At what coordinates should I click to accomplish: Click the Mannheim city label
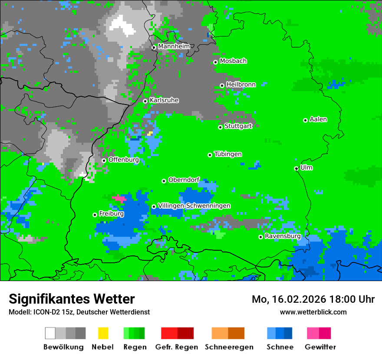174,46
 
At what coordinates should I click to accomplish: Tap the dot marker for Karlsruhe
145,101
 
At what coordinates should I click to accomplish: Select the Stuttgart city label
238,126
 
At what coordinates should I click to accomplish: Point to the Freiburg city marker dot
95,215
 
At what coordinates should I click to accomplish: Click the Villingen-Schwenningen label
194,206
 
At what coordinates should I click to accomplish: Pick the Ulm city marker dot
296,168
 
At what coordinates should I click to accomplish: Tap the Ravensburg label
283,236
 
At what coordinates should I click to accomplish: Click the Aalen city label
318,119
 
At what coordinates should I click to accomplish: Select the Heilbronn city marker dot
222,85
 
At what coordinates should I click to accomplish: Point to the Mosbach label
233,61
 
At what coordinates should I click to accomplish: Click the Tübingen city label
228,154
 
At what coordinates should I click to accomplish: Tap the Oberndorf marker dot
164,181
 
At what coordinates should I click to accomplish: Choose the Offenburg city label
123,160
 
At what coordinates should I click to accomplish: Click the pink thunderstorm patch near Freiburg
119,198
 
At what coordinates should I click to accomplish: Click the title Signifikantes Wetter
72,299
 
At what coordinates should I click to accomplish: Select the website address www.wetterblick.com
313,312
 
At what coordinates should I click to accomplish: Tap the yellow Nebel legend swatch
103,333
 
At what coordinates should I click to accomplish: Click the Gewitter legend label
320,347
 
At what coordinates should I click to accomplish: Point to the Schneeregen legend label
229,347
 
